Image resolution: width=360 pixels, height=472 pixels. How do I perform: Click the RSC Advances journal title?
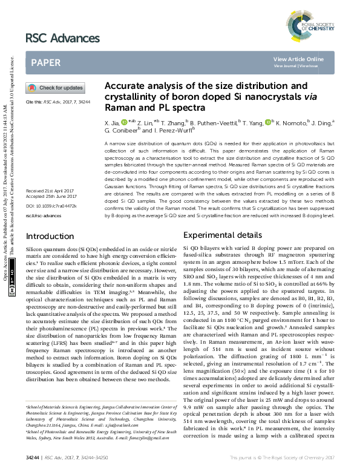point(62,39)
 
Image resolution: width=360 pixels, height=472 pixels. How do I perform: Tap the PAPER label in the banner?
point(45,62)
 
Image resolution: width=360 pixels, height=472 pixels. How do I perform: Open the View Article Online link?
point(298,59)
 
